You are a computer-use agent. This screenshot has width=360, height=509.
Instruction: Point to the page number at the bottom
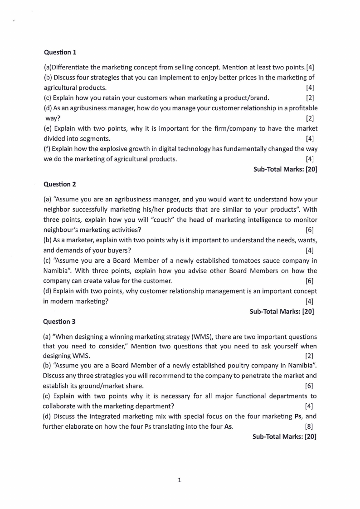(x=180, y=480)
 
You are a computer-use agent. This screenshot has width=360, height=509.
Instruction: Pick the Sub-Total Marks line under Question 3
(x=284, y=436)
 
